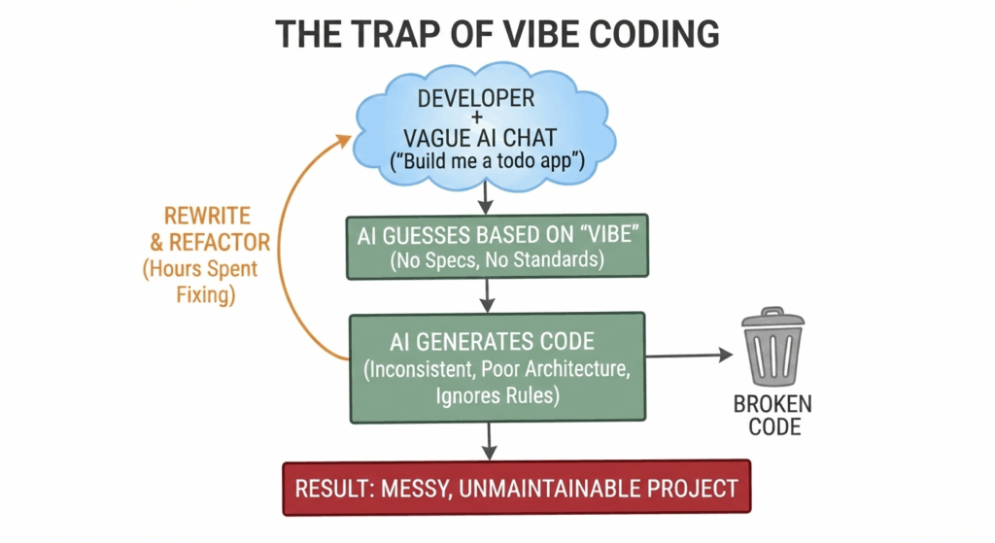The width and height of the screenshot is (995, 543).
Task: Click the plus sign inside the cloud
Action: click(x=476, y=118)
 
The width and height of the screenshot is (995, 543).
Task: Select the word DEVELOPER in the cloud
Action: click(x=476, y=98)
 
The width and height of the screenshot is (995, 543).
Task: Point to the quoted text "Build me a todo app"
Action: click(x=488, y=160)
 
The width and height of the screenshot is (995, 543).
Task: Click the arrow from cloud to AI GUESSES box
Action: click(x=486, y=196)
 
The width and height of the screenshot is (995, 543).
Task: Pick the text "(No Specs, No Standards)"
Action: click(x=497, y=259)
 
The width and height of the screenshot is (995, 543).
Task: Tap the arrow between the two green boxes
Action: click(x=487, y=295)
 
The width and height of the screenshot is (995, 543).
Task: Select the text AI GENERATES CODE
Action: click(x=492, y=342)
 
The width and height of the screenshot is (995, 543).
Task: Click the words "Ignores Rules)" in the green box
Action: click(x=497, y=395)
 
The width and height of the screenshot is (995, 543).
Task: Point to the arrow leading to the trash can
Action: click(x=689, y=356)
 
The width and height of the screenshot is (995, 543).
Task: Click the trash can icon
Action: click(x=772, y=347)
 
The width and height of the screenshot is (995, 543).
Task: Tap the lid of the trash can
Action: click(x=772, y=318)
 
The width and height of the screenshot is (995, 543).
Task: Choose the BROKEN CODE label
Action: click(x=773, y=415)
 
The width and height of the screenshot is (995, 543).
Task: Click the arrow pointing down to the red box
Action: click(x=489, y=441)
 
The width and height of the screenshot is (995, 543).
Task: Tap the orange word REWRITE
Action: click(x=208, y=217)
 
